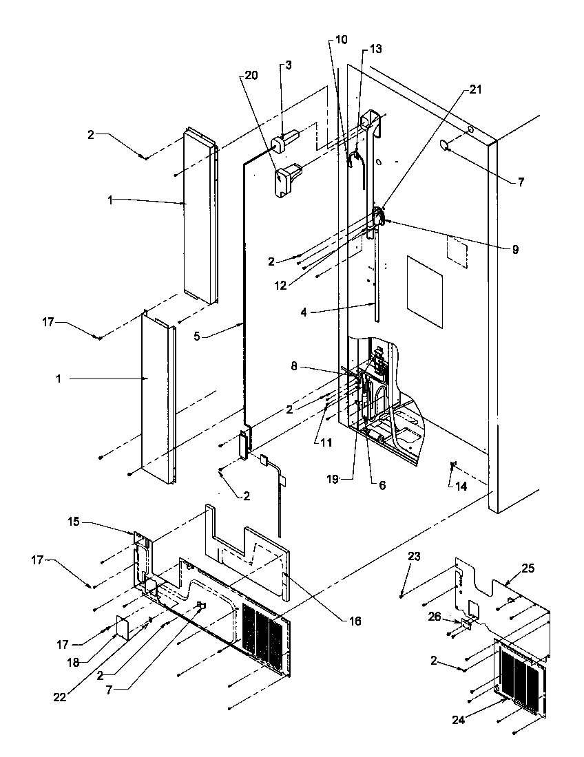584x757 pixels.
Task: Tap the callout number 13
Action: (x=375, y=50)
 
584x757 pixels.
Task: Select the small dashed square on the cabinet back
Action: (x=457, y=250)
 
